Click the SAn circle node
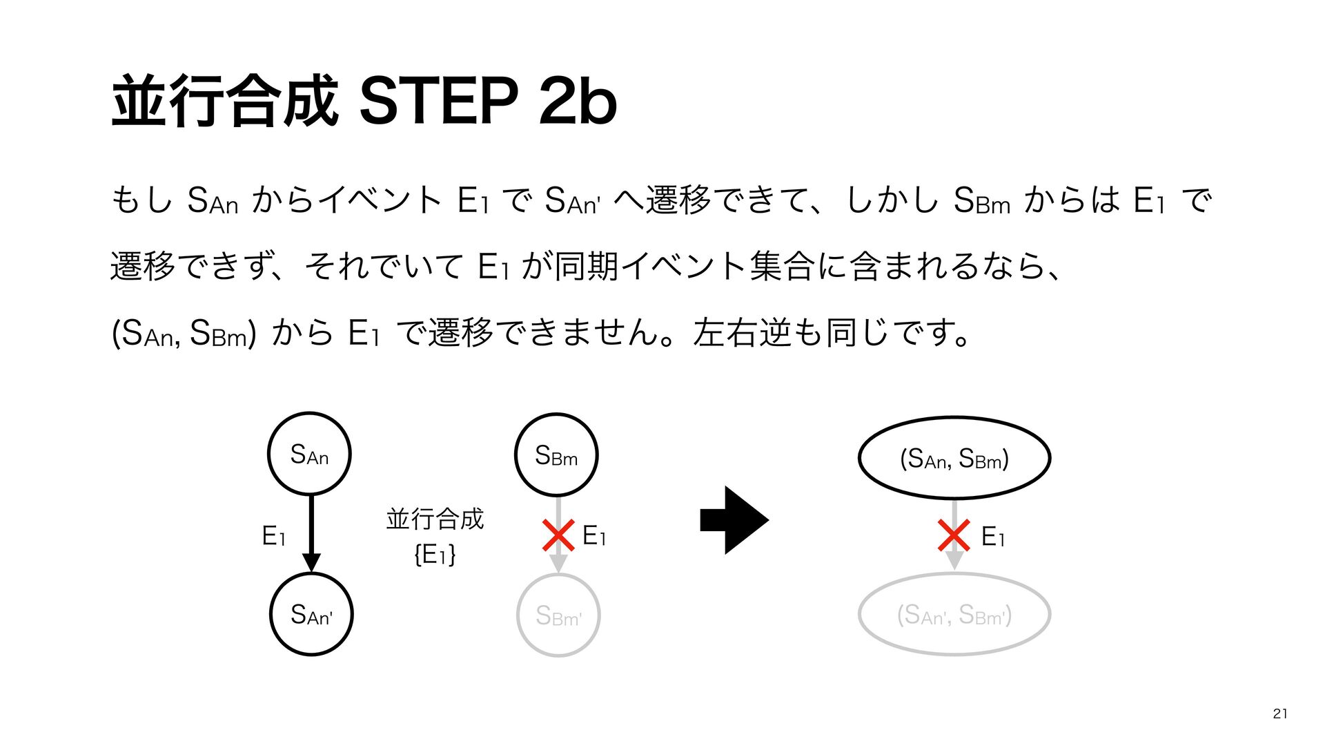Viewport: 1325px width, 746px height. click(x=309, y=454)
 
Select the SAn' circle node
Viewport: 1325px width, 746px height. click(x=311, y=614)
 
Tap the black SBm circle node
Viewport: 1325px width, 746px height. click(x=556, y=455)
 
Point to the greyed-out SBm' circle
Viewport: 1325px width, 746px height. click(x=558, y=615)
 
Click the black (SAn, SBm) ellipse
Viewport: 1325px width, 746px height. click(x=954, y=458)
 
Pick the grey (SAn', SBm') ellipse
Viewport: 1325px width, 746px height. click(x=954, y=614)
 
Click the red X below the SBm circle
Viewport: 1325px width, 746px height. click(x=558, y=536)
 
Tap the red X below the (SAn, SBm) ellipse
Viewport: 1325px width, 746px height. click(x=954, y=536)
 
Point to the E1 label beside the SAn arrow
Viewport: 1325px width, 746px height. click(x=273, y=536)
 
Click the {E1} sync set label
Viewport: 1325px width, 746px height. click(x=435, y=555)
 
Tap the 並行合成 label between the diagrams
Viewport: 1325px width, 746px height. click(x=435, y=518)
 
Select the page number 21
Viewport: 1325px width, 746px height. click(x=1280, y=714)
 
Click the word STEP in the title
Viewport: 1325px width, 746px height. click(x=439, y=101)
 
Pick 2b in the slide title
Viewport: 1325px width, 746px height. click(x=578, y=101)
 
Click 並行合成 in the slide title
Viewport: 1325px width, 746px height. click(x=225, y=101)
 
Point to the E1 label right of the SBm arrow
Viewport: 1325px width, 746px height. click(x=593, y=535)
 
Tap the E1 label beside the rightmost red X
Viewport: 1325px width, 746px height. click(x=992, y=537)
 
